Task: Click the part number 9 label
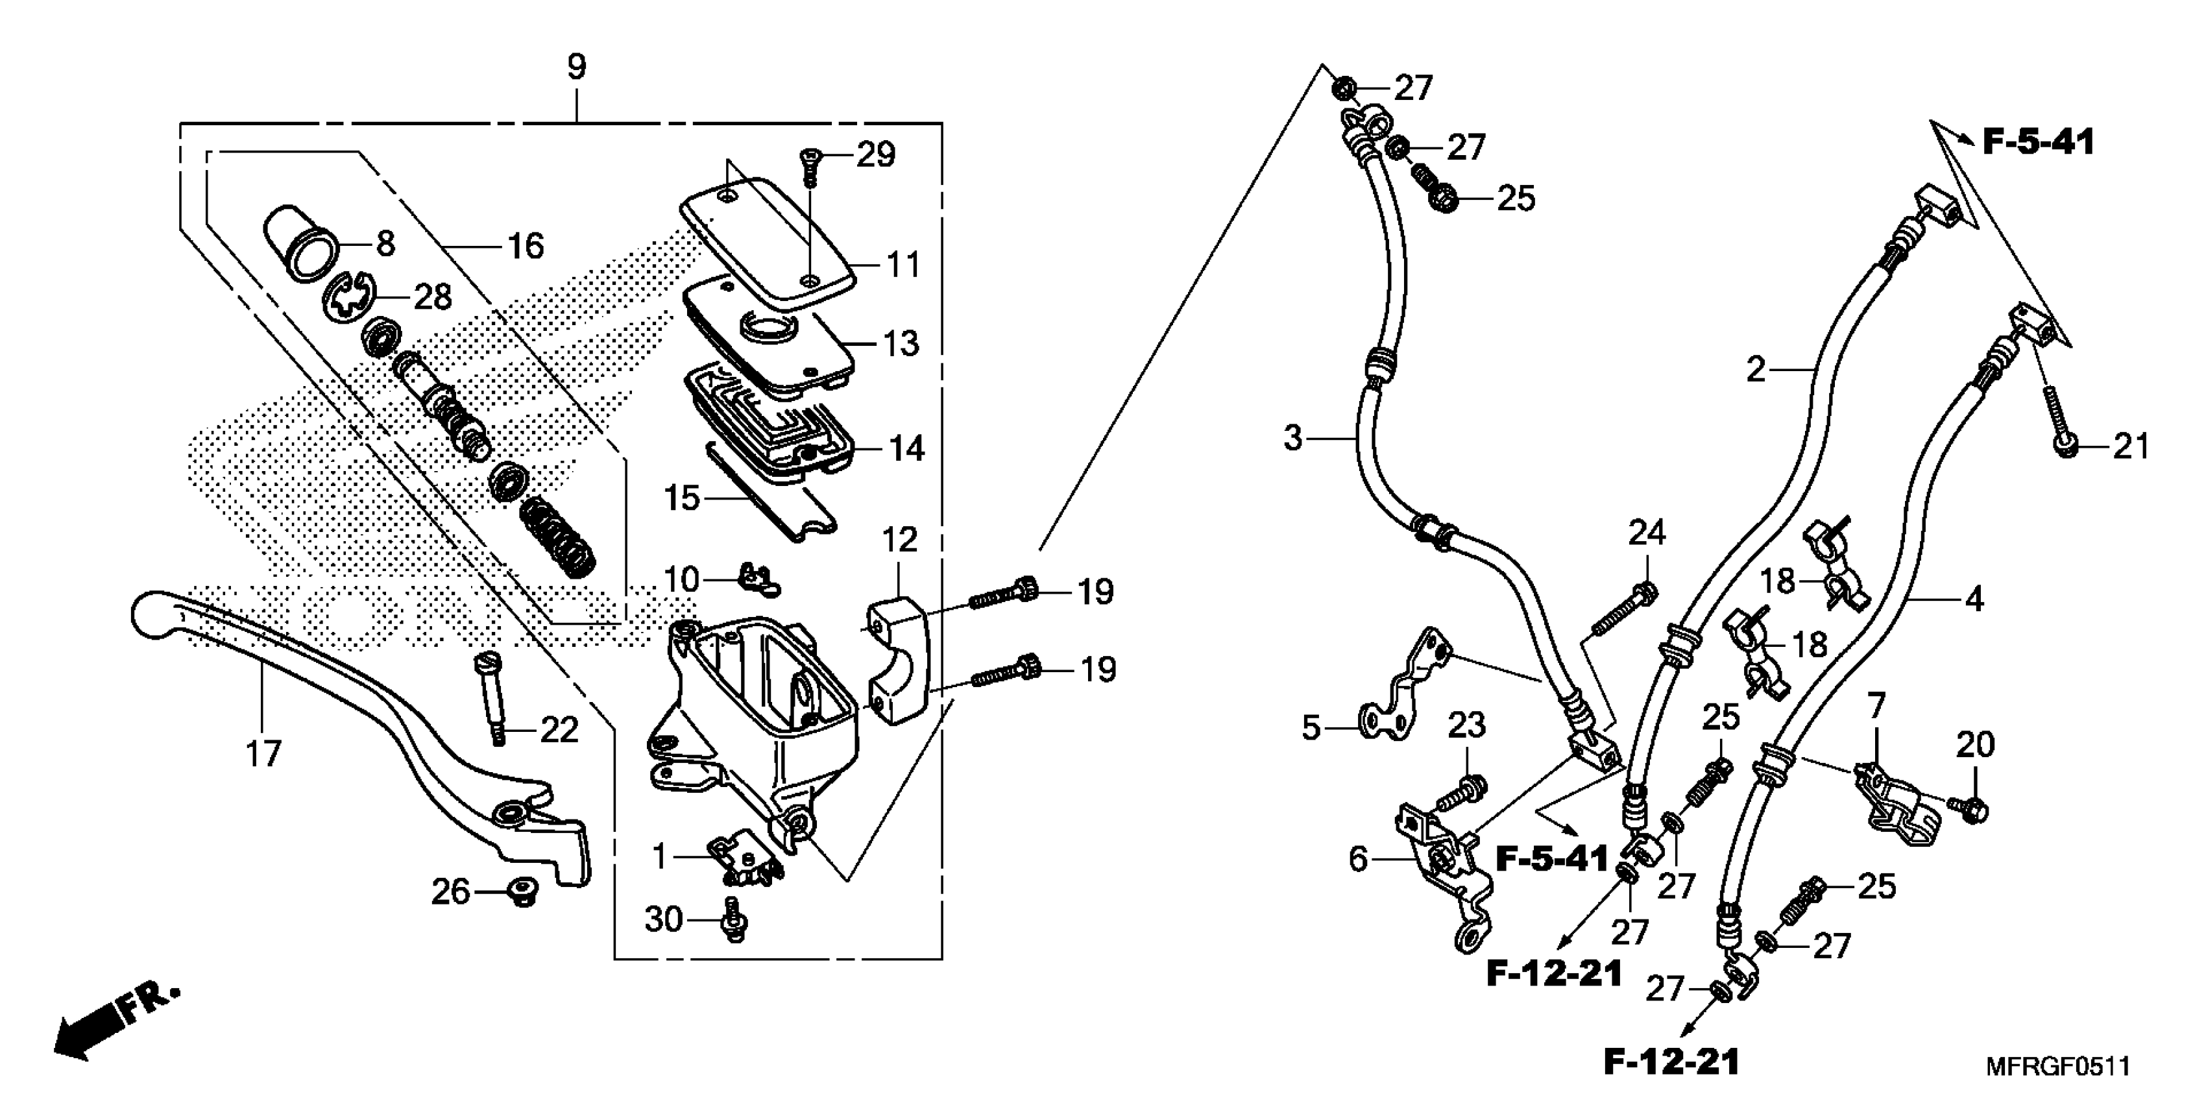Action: click(576, 67)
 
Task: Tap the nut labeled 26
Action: click(519, 891)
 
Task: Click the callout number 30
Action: click(664, 920)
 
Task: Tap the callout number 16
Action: click(526, 247)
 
